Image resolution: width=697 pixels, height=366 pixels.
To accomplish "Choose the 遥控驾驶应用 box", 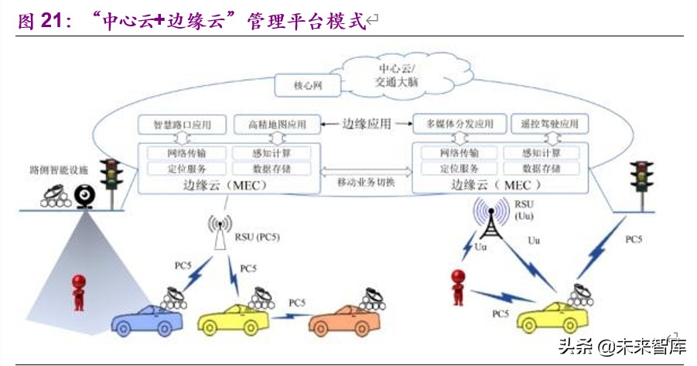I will (x=550, y=124).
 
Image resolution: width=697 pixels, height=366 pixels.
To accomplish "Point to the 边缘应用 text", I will (x=366, y=123).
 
